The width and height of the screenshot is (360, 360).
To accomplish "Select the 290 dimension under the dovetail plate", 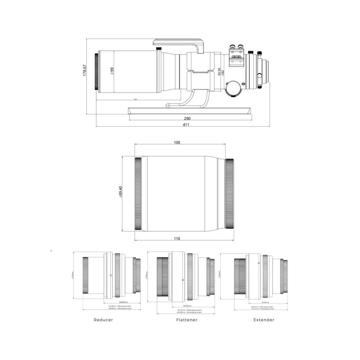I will coord(187,118).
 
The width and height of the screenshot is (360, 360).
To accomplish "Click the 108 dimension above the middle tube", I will coord(177,143).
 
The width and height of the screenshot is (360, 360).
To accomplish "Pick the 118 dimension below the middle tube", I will coord(177,238).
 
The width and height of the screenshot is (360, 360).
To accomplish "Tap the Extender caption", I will coord(264,320).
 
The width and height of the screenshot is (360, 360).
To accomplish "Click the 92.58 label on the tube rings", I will coord(219,72).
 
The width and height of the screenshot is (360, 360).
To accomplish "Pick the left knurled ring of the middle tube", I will coord(138,194).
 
